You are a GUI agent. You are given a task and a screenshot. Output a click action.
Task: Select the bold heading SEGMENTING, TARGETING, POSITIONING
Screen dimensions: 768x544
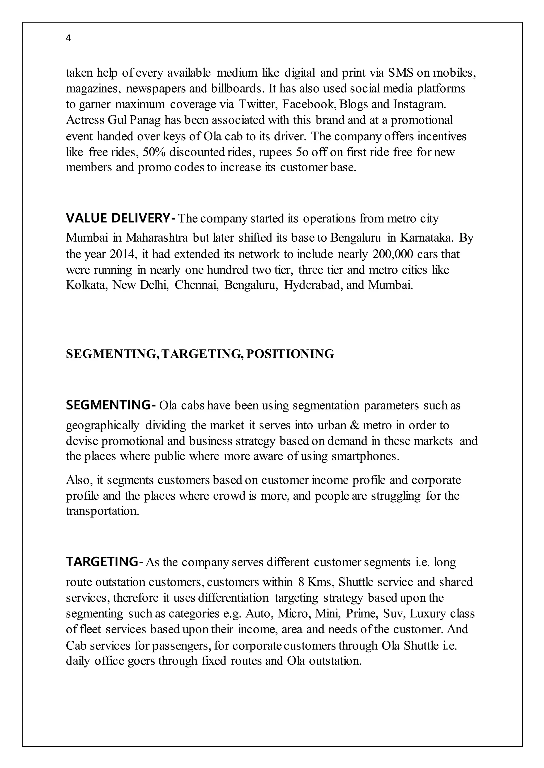click(200, 354)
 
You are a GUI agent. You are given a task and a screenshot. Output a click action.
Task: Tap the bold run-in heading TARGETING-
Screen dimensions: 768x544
click(105, 562)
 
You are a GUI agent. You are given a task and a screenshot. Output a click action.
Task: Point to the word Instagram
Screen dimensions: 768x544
click(419, 104)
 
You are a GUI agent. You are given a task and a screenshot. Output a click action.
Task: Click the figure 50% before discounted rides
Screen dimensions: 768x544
click(154, 152)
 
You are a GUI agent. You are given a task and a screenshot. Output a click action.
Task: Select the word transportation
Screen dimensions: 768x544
click(102, 511)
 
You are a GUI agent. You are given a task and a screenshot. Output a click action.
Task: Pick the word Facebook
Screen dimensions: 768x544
click(309, 104)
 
